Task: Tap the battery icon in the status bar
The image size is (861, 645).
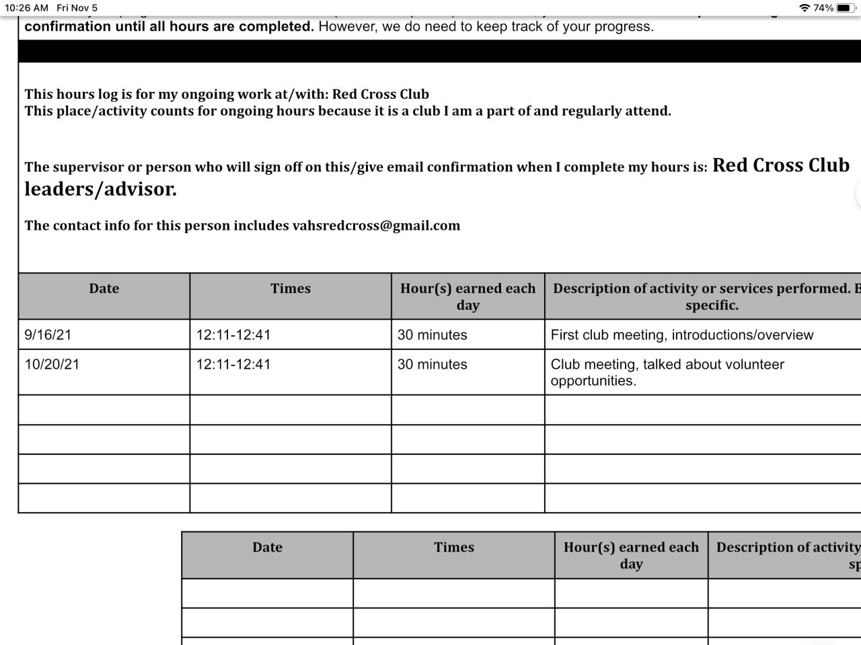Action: click(x=846, y=8)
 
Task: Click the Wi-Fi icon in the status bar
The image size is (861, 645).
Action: click(x=804, y=8)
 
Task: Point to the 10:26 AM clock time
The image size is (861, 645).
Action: click(x=27, y=8)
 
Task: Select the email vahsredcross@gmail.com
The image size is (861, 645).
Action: click(x=376, y=226)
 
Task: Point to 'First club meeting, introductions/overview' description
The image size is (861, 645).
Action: click(x=681, y=335)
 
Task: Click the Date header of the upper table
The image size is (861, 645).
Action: click(x=104, y=289)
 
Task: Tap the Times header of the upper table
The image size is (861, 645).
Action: click(x=291, y=289)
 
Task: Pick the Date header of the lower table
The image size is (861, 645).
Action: click(x=267, y=548)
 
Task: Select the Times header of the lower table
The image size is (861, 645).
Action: click(x=454, y=548)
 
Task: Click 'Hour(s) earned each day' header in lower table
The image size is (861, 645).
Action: click(x=631, y=556)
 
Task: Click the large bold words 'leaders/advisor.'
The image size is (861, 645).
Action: click(x=101, y=189)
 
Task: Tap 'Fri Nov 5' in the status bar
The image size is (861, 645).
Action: click(x=77, y=8)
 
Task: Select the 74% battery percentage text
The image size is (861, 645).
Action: click(x=823, y=8)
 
